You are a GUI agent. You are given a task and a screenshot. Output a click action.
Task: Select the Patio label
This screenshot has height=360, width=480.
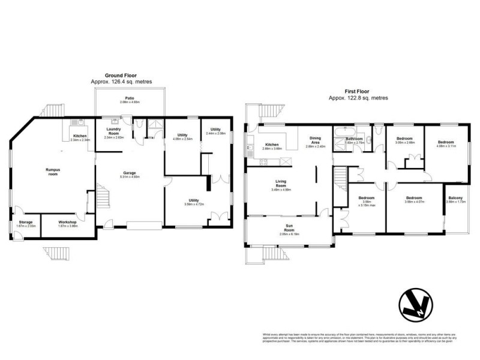pos(129,98)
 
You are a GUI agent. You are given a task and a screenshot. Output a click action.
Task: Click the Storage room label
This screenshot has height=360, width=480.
pos(25,222)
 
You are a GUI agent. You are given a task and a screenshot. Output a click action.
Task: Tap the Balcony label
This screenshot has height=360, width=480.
pos(455,198)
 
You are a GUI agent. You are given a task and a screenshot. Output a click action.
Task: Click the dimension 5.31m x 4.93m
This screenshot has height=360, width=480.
pos(130,177)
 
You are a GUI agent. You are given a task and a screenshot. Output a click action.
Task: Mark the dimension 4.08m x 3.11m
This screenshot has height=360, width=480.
pos(446,145)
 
